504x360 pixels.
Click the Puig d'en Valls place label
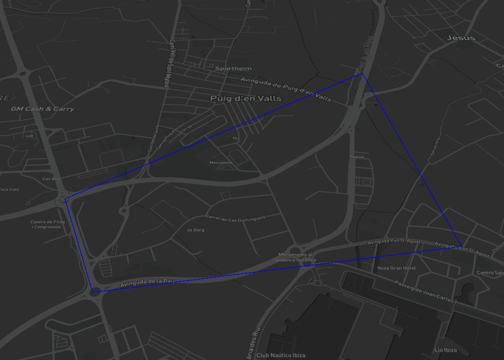coord(245,98)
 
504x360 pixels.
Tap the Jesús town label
coord(460,38)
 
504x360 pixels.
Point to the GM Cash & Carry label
coord(42,109)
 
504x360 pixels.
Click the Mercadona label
coord(221,162)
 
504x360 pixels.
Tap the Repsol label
coord(357,157)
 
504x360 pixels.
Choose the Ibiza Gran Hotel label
coord(396,268)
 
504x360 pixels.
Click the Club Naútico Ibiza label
coord(277,355)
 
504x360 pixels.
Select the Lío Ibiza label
coord(446,350)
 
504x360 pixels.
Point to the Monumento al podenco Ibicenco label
coord(295,257)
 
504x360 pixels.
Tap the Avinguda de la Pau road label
coord(147,282)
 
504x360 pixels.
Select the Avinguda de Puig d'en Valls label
coord(286,89)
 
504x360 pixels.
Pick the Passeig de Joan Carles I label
coord(426,292)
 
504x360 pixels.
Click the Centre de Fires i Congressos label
coord(48,224)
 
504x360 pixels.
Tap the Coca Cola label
coord(9,189)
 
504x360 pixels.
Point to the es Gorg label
coord(196,230)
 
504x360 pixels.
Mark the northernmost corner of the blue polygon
coord(362,74)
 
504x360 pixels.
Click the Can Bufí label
coord(51,179)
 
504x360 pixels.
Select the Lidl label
coord(30,136)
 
